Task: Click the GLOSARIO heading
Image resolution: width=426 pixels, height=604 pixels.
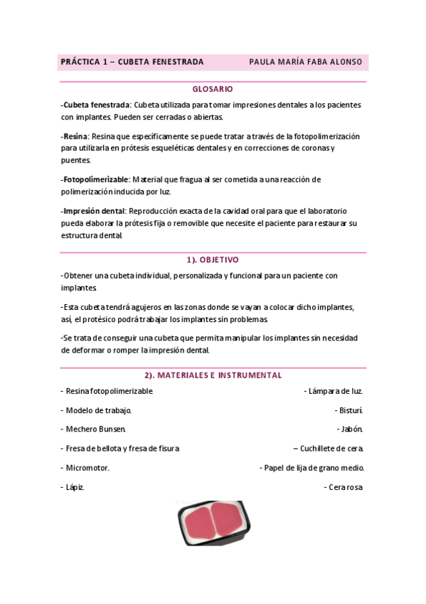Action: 213,89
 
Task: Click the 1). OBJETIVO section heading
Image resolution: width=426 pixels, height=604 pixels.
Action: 213,260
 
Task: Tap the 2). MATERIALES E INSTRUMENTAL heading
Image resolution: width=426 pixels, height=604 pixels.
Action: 213,375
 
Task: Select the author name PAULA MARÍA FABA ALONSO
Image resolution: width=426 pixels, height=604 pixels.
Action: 305,62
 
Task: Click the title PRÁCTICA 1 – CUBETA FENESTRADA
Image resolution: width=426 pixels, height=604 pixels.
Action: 132,62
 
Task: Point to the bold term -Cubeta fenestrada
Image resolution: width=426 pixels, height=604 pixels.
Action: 96,105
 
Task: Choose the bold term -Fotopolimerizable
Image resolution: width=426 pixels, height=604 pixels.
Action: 95,179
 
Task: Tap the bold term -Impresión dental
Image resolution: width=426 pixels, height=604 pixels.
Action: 93,211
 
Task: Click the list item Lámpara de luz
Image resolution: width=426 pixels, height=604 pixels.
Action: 334,391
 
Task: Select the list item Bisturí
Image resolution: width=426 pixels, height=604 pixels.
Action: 349,410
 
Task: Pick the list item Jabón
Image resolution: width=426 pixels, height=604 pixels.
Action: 350,429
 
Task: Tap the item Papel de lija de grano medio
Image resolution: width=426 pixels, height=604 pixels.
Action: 312,468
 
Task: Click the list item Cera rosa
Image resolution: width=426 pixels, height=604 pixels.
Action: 344,487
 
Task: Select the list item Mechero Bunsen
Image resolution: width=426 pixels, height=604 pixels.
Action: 95,429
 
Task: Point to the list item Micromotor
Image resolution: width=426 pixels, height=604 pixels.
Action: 87,468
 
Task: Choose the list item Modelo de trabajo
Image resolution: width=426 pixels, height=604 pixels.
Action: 98,410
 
